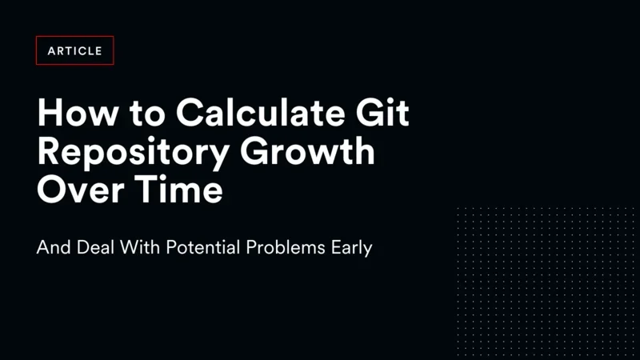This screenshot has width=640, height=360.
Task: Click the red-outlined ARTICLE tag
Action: pos(75,50)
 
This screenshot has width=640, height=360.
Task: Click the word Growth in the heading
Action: pos(321,152)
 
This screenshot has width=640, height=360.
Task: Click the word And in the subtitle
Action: pos(51,248)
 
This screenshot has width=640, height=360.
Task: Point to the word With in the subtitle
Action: pos(140,248)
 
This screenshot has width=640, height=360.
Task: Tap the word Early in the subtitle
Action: pos(352,248)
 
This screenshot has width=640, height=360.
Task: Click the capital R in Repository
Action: pos(49,152)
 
